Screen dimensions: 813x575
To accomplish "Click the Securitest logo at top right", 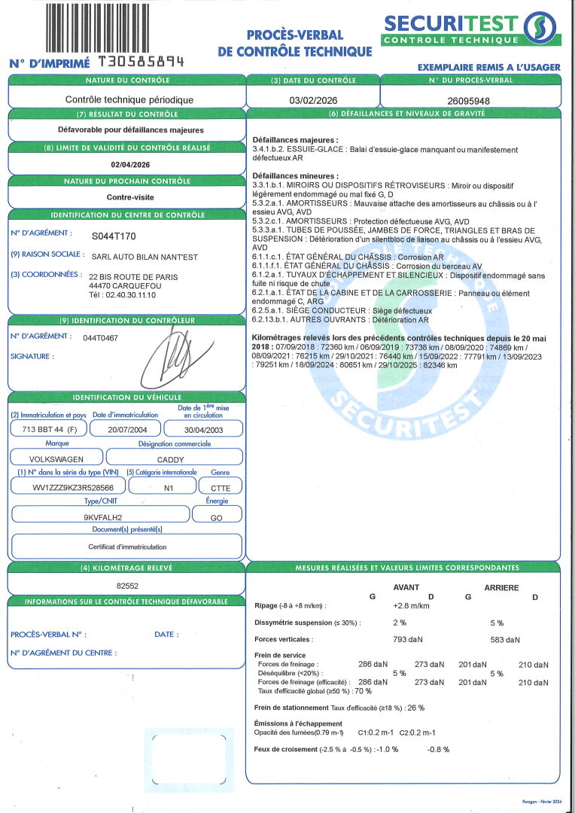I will [470, 29].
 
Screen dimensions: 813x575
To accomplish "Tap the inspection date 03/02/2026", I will [312, 99].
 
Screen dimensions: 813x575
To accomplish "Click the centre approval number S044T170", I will [114, 236].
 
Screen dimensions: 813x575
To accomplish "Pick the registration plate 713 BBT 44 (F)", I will [47, 428].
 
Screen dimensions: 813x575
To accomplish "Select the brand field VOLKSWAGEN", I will [56, 458].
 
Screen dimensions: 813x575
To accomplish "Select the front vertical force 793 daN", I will [408, 640].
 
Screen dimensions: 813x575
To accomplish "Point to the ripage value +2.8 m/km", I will [411, 605].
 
